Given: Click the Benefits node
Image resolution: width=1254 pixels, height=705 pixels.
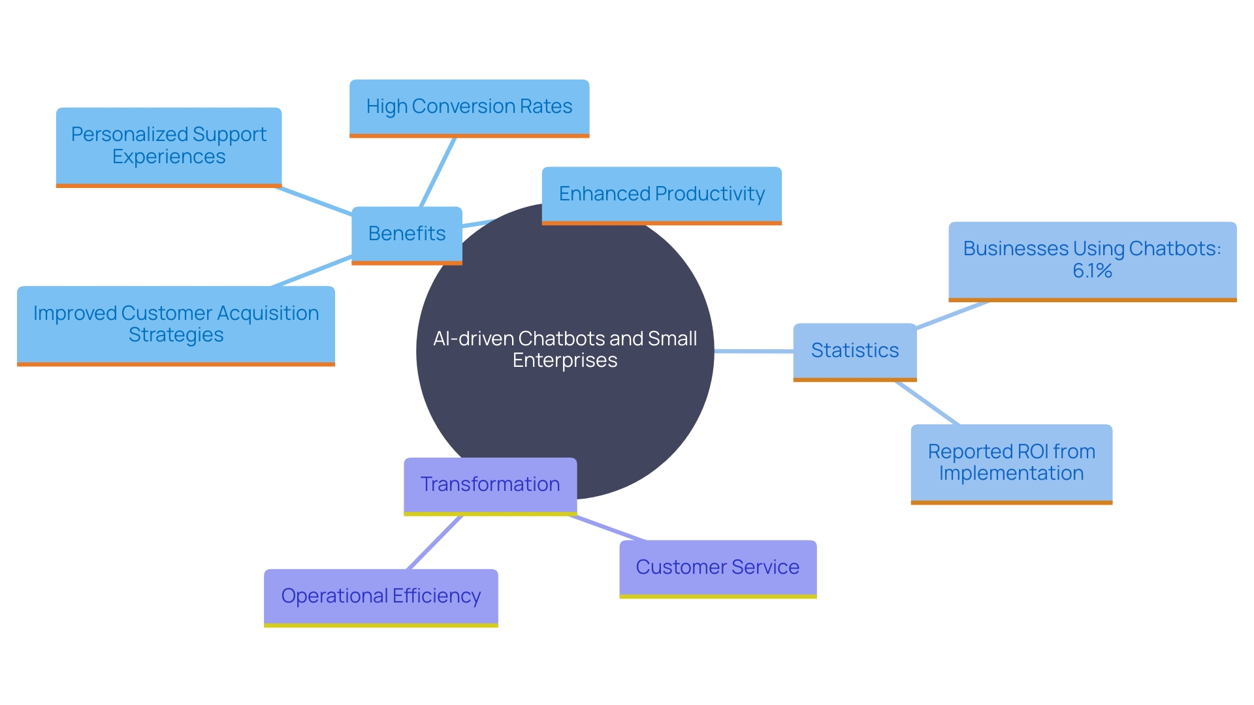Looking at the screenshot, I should coord(406,234).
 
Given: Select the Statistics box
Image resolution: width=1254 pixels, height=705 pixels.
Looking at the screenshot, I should coord(854,351).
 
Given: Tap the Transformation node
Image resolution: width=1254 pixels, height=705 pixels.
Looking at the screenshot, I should coord(490,484).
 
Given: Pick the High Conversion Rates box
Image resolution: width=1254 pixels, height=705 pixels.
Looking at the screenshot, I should coord(469,106).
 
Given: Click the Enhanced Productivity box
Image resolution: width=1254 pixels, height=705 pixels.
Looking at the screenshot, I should coord(661,194).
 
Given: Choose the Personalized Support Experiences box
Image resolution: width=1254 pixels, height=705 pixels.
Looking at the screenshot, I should coord(169,146).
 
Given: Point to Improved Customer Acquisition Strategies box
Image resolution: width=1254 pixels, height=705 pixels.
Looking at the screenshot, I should coord(176,324).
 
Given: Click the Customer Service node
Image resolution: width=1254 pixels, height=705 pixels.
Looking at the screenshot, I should coord(717,567).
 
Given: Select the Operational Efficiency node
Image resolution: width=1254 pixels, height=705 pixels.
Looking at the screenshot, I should coord(381,596).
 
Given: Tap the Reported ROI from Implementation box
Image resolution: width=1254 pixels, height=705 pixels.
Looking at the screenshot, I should coord(1011,462).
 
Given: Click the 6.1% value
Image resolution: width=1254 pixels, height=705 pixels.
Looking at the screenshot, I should coord(1092,271).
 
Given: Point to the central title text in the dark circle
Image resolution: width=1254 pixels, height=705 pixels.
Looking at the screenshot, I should coord(565,349).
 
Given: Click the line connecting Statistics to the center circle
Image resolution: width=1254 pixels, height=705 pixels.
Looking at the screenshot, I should coord(754,351).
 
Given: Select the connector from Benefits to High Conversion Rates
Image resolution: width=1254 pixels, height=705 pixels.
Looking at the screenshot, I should coord(438,172).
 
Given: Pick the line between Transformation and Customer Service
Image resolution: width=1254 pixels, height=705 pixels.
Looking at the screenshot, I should coord(607,528).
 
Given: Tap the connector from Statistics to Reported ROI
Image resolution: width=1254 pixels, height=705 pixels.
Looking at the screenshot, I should coord(927,403).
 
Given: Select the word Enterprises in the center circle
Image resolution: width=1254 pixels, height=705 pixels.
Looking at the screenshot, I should coord(565,360).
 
